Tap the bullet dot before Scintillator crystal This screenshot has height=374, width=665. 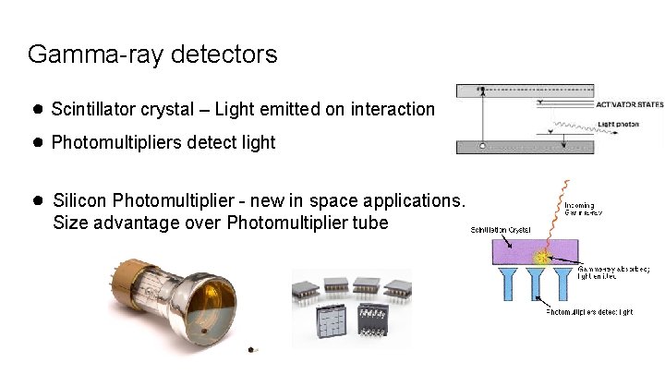pyautogui.click(x=38, y=110)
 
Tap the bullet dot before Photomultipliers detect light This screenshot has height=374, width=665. pyautogui.click(x=38, y=142)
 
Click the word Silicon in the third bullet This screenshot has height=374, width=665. pyautogui.click(x=80, y=200)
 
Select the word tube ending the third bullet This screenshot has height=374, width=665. pyautogui.click(x=369, y=223)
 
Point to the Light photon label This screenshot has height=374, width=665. pyautogui.click(x=618, y=124)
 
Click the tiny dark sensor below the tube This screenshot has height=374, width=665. pyautogui.click(x=257, y=350)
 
